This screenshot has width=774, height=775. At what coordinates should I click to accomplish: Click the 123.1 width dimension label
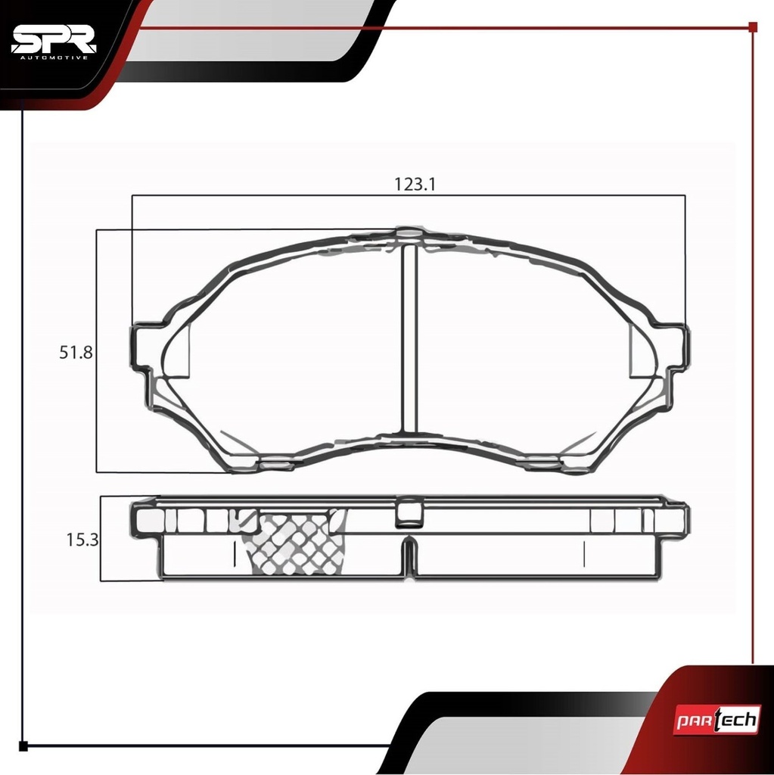[415, 185]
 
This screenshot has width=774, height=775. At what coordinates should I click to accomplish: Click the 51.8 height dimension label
[76, 353]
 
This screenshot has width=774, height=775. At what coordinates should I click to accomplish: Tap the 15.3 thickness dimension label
[82, 540]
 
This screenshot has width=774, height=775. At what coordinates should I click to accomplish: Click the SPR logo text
[54, 39]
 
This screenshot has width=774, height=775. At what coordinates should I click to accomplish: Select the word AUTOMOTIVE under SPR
[54, 58]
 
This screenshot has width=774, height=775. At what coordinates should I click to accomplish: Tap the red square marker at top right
[753, 27]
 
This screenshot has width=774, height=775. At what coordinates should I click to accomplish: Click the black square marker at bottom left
[23, 746]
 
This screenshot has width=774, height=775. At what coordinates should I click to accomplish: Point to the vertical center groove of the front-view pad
[409, 339]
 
